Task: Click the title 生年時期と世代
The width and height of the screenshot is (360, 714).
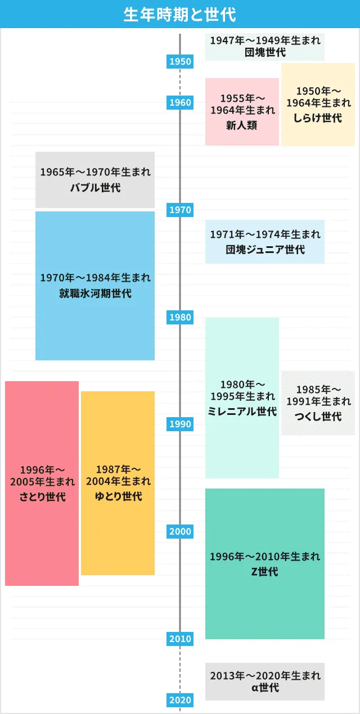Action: pos(180,14)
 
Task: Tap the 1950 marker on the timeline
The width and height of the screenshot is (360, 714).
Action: pos(180,61)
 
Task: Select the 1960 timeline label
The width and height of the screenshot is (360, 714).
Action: pos(180,102)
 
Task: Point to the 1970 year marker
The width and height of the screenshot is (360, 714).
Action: pos(180,210)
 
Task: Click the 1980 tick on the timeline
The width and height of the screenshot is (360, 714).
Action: pos(180,317)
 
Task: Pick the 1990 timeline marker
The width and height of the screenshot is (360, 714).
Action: pos(180,424)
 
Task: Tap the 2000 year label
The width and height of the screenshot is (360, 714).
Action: pos(180,531)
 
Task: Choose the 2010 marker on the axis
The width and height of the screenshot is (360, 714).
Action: pos(180,639)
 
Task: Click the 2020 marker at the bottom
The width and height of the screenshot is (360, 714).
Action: pos(180,700)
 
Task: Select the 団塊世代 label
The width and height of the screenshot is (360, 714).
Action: pos(265,53)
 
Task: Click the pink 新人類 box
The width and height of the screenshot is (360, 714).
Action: pos(242,111)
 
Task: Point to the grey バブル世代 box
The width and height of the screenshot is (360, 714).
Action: pos(95,180)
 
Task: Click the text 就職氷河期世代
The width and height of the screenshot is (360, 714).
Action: pos(95,293)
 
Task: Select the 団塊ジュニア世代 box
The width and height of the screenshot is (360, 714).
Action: pos(265,242)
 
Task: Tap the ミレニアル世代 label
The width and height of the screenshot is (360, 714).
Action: pos(242,412)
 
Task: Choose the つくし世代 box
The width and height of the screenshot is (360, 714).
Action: pos(318,403)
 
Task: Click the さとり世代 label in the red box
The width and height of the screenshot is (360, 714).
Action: pos(42,497)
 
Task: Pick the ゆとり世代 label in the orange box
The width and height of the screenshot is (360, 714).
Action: pos(118,496)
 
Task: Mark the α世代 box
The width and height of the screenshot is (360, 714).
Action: pos(265,681)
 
